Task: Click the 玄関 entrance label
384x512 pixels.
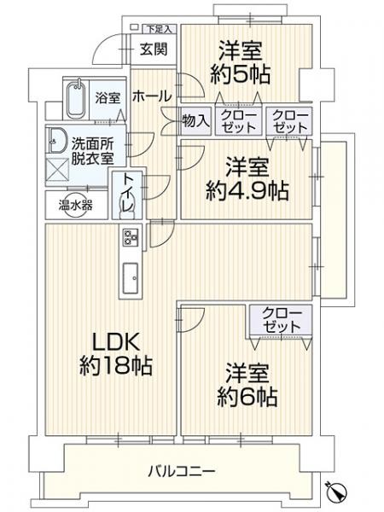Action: coord(154,49)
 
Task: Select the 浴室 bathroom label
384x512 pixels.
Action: coord(106,96)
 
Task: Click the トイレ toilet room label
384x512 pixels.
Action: coord(128,195)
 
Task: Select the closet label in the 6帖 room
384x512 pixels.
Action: coord(280,321)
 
